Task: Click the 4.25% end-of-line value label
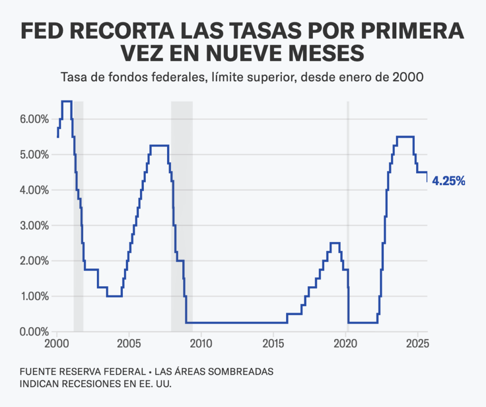pyautogui.click(x=449, y=181)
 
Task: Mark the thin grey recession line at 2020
pyautogui.click(x=348, y=214)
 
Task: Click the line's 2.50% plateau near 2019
pyautogui.click(x=335, y=243)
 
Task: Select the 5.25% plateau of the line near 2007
pyautogui.click(x=159, y=145)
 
